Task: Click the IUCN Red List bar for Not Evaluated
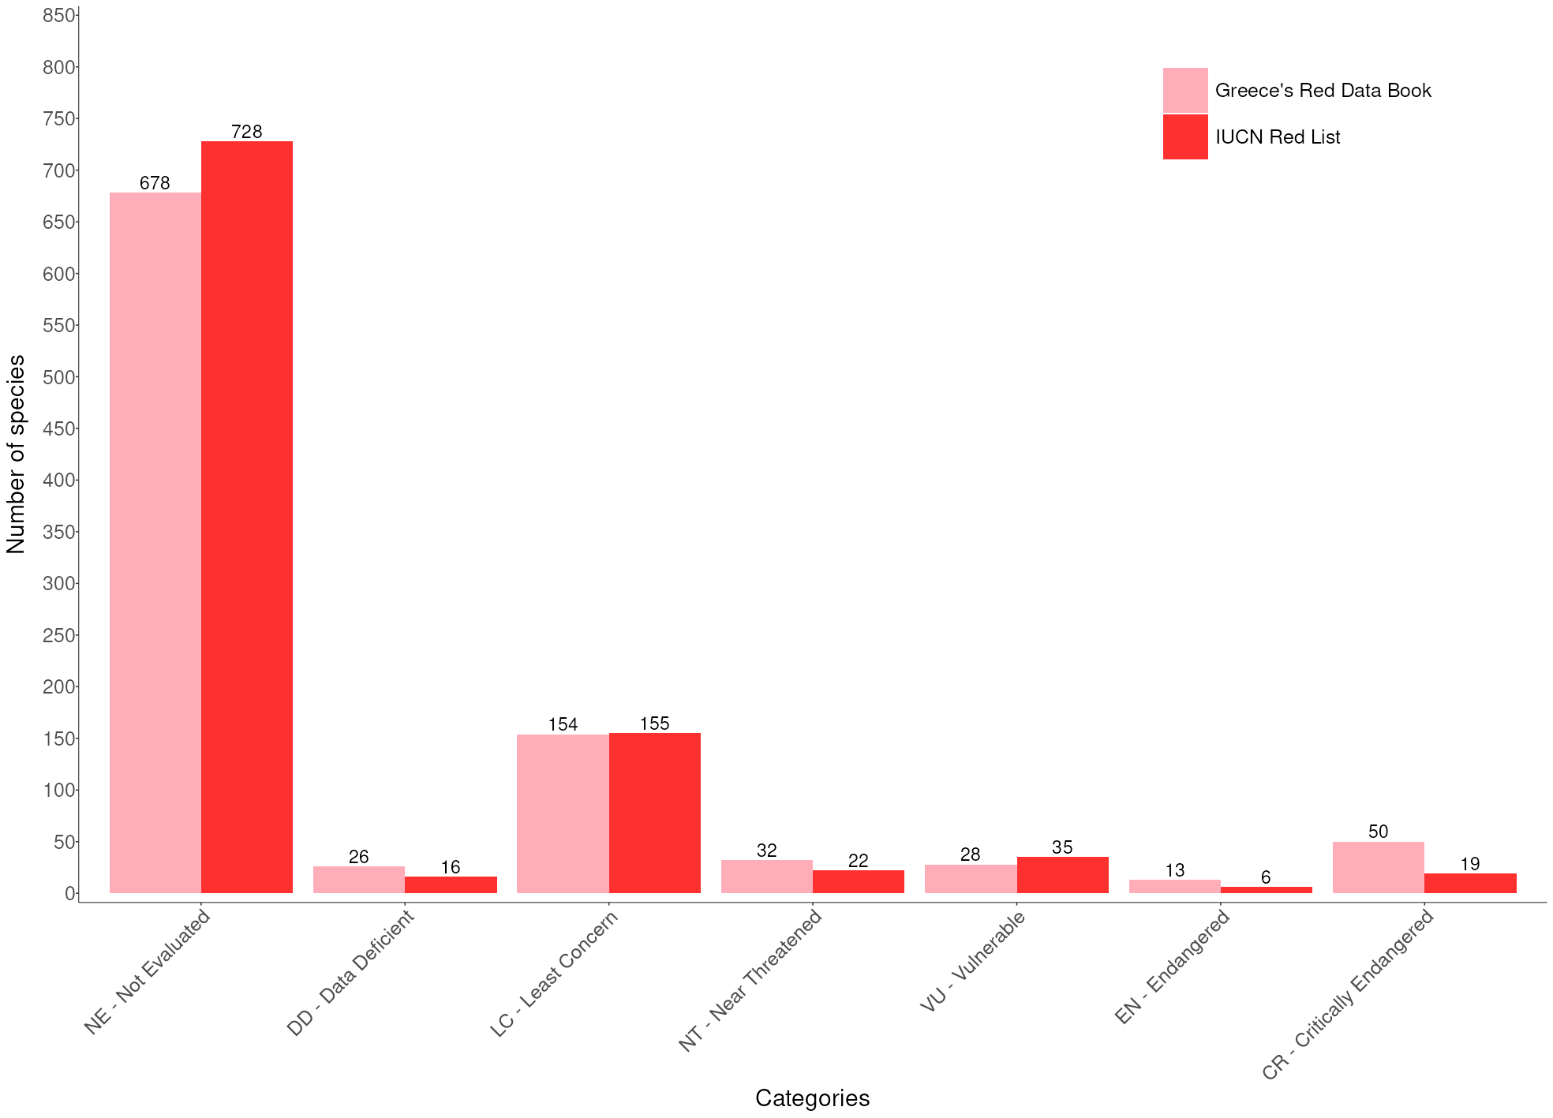(247, 517)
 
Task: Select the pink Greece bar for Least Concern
(563, 813)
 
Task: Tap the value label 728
(247, 132)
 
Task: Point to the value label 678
(155, 183)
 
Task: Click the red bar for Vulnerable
(1062, 875)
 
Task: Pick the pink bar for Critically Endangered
(1378, 867)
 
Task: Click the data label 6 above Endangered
(1266, 877)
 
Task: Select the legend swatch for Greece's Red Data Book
(1184, 90)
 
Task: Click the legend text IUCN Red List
(1277, 137)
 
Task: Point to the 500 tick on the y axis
(59, 377)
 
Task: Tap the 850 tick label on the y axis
(59, 16)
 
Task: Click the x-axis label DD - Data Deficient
(350, 973)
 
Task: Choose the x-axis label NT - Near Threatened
(751, 980)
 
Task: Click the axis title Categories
(812, 1097)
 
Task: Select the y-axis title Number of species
(17, 454)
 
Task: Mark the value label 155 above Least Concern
(654, 724)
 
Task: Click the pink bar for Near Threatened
(766, 877)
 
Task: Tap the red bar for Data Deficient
(451, 884)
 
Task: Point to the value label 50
(1378, 832)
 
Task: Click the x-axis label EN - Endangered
(1173, 967)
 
